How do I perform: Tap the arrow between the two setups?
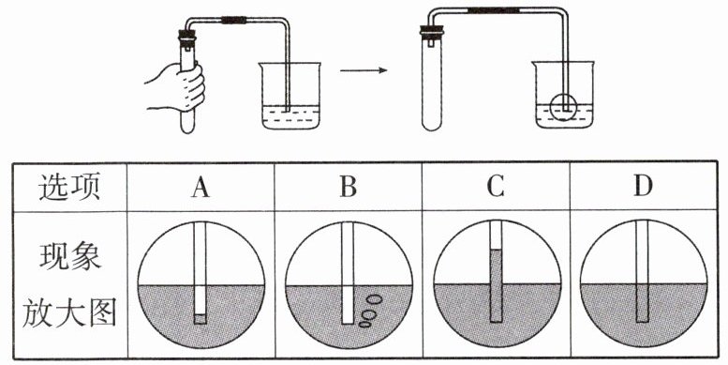[364, 70]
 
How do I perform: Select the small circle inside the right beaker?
[563, 107]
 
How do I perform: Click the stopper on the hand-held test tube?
[187, 36]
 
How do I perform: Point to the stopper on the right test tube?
[432, 31]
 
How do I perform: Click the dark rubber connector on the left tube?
[234, 20]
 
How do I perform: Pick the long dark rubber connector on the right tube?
[493, 9]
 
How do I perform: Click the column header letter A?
[201, 188]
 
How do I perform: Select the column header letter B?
[349, 188]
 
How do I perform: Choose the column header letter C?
[496, 188]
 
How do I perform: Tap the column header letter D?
[643, 188]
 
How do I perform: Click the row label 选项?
[69, 188]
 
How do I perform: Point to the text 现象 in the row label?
[69, 256]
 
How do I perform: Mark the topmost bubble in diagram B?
[373, 299]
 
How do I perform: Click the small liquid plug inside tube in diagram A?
[200, 318]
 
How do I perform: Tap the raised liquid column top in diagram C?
[496, 251]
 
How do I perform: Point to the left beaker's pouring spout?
[261, 65]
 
